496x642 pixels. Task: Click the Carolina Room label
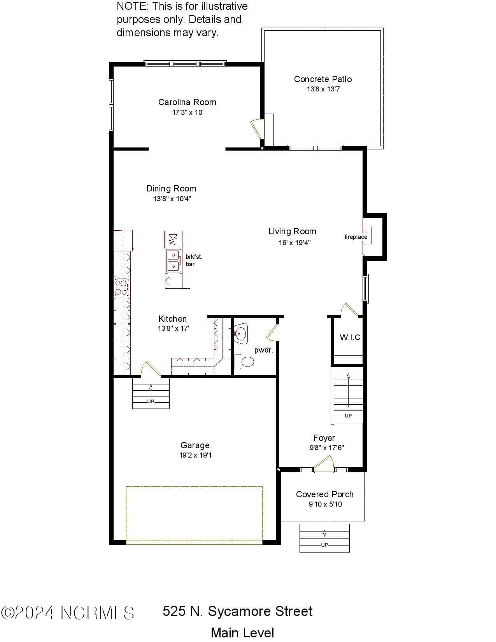coord(187,102)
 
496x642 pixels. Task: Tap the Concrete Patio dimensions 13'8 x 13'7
coord(323,89)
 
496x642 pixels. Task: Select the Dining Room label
coord(171,188)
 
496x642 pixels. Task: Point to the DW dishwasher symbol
coord(173,240)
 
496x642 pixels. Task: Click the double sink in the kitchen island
coord(174,261)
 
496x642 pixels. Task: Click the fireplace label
coord(356,237)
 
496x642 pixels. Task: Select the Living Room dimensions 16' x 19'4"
coord(294,242)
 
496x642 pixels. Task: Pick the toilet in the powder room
coord(244,361)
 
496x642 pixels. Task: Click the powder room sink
coord(241,333)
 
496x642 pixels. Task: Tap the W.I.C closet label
coord(350,337)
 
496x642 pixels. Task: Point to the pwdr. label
coord(264,351)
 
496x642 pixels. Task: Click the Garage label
coord(195,445)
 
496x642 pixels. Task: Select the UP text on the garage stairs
coord(151,401)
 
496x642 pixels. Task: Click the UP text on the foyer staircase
coord(348,416)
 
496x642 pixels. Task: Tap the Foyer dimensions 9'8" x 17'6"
coord(327,447)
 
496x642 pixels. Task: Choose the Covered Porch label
coord(325,494)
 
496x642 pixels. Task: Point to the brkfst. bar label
coord(194,260)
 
